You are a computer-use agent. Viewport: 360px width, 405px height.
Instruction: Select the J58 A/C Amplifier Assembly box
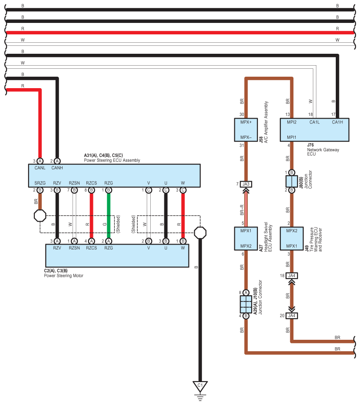(246, 130)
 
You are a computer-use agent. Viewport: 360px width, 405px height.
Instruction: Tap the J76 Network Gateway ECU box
(315, 130)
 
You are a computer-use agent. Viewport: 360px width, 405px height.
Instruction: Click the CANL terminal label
(40, 168)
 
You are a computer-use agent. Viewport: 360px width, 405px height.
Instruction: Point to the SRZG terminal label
(40, 183)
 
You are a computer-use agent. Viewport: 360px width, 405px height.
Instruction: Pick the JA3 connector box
(246, 184)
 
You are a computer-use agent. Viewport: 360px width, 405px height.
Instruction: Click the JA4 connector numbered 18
(292, 275)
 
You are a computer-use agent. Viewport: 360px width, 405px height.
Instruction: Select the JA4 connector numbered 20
(292, 316)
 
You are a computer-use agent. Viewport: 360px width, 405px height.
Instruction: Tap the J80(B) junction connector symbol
(292, 181)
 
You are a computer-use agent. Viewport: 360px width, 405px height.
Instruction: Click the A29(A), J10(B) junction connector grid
(246, 304)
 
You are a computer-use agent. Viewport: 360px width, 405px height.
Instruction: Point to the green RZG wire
(109, 216)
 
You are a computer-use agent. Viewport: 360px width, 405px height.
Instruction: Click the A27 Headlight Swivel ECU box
(246, 239)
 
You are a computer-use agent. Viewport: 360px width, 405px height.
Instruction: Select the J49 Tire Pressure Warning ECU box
(292, 239)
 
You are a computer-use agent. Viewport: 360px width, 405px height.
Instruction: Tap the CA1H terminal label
(337, 122)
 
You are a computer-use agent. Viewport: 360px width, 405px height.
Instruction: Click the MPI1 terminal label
(292, 137)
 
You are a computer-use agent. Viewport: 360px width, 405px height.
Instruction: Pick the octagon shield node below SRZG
(40, 216)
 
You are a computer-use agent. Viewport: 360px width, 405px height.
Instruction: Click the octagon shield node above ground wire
(200, 233)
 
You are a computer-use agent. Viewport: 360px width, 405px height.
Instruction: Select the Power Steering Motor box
(117, 256)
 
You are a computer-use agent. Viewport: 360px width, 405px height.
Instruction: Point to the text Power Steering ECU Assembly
(112, 160)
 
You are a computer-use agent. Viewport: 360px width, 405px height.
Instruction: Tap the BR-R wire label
(242, 210)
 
